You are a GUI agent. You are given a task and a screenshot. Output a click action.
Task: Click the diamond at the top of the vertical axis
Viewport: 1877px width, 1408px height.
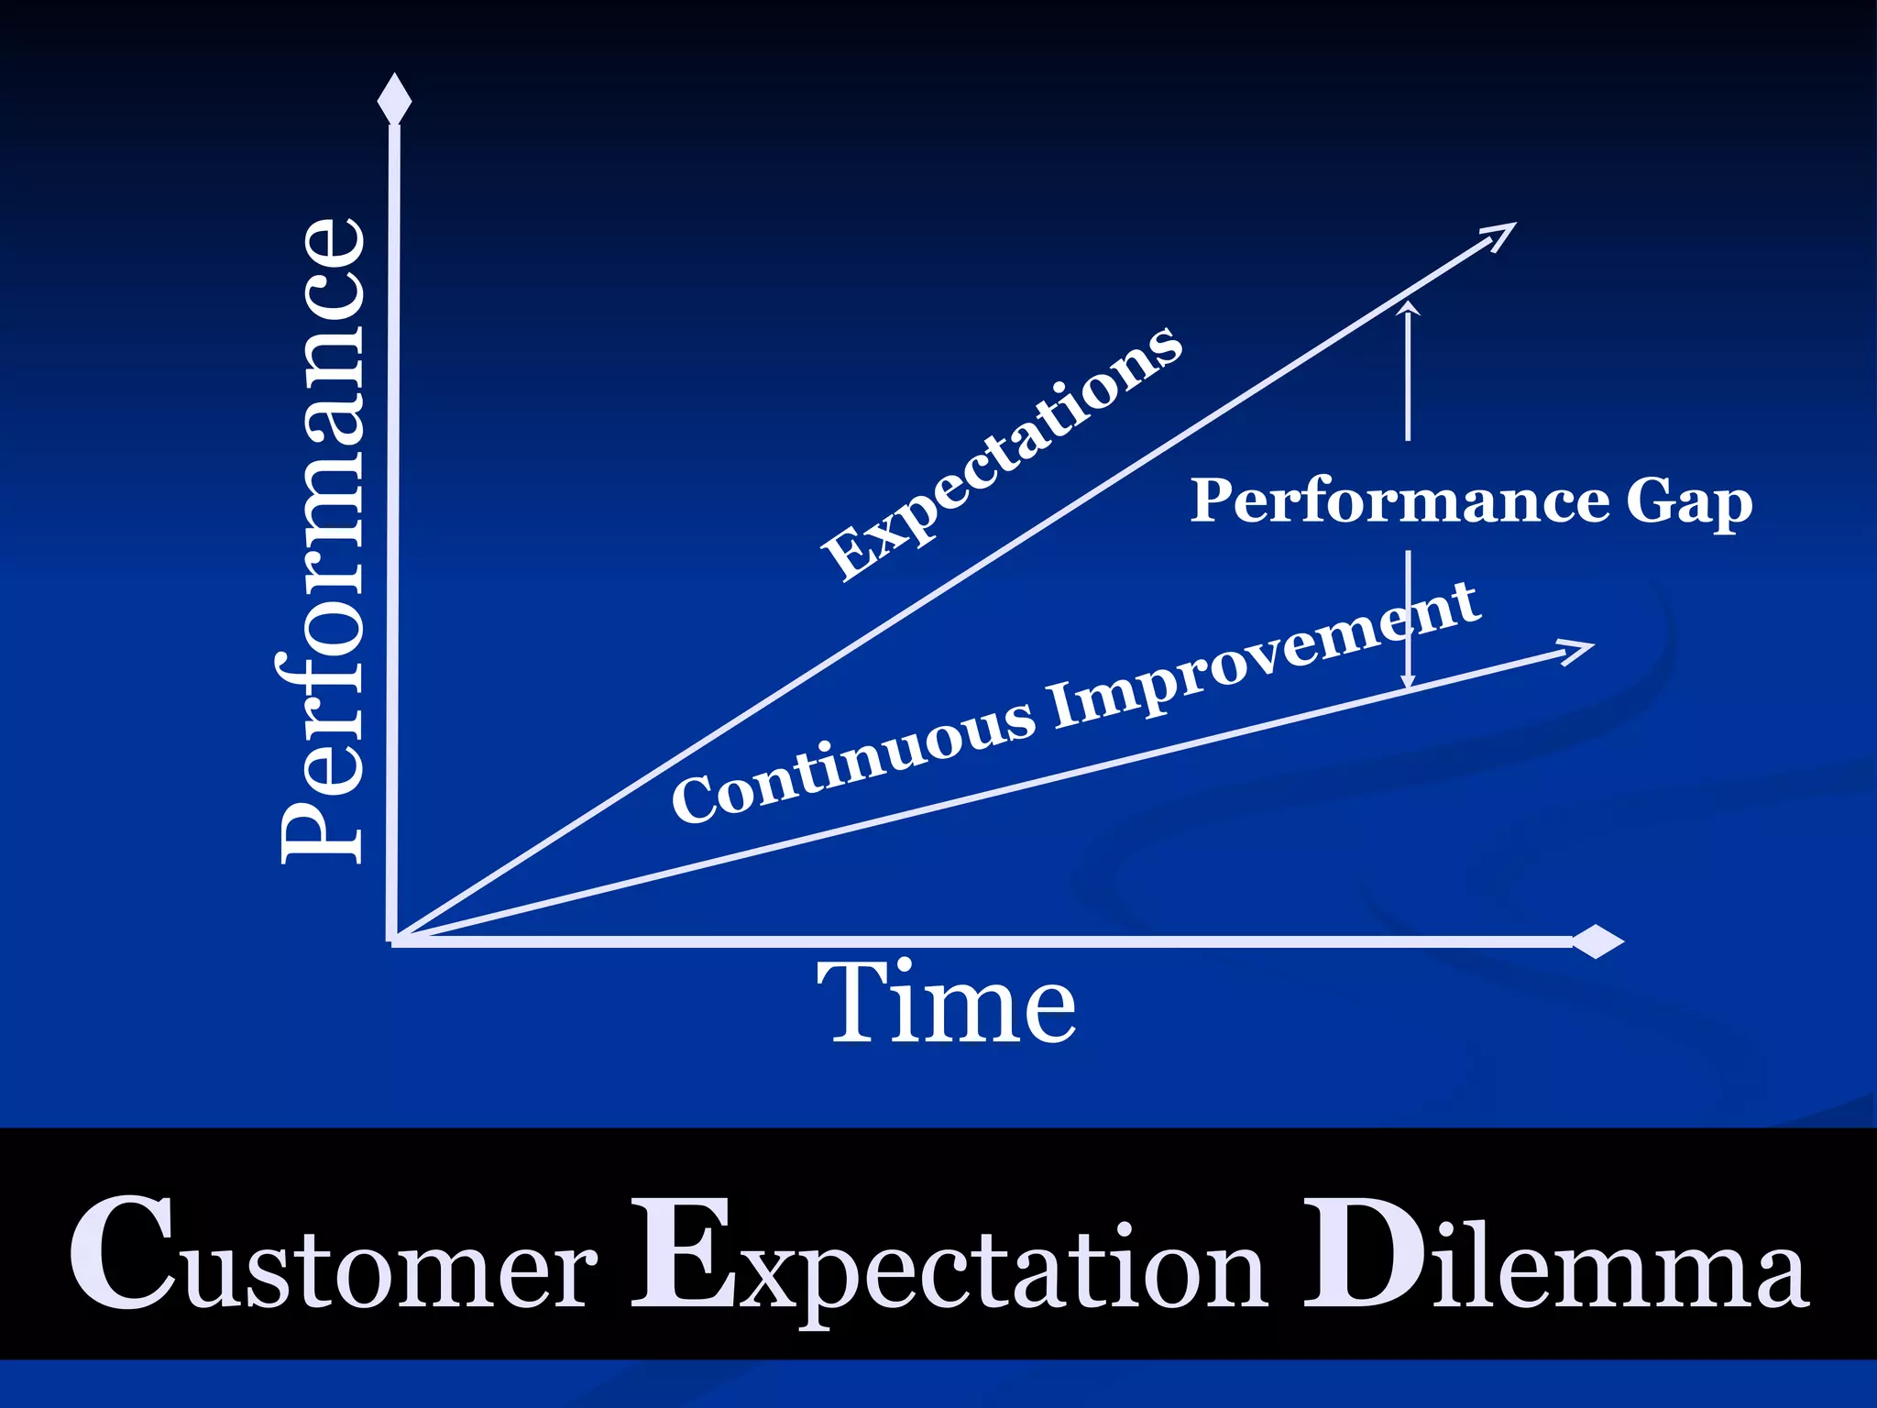pos(394,99)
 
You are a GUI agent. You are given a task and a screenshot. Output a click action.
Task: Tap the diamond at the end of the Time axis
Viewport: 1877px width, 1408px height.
pos(1597,941)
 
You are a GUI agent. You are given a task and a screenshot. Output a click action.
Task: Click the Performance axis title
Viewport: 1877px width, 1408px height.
pos(323,541)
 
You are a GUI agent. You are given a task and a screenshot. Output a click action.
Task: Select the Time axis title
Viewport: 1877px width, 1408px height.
pos(946,1003)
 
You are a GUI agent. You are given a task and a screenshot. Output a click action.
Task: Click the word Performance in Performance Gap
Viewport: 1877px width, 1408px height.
pos(1400,502)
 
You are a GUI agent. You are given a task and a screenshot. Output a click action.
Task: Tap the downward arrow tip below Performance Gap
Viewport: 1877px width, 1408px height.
pos(1409,682)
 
